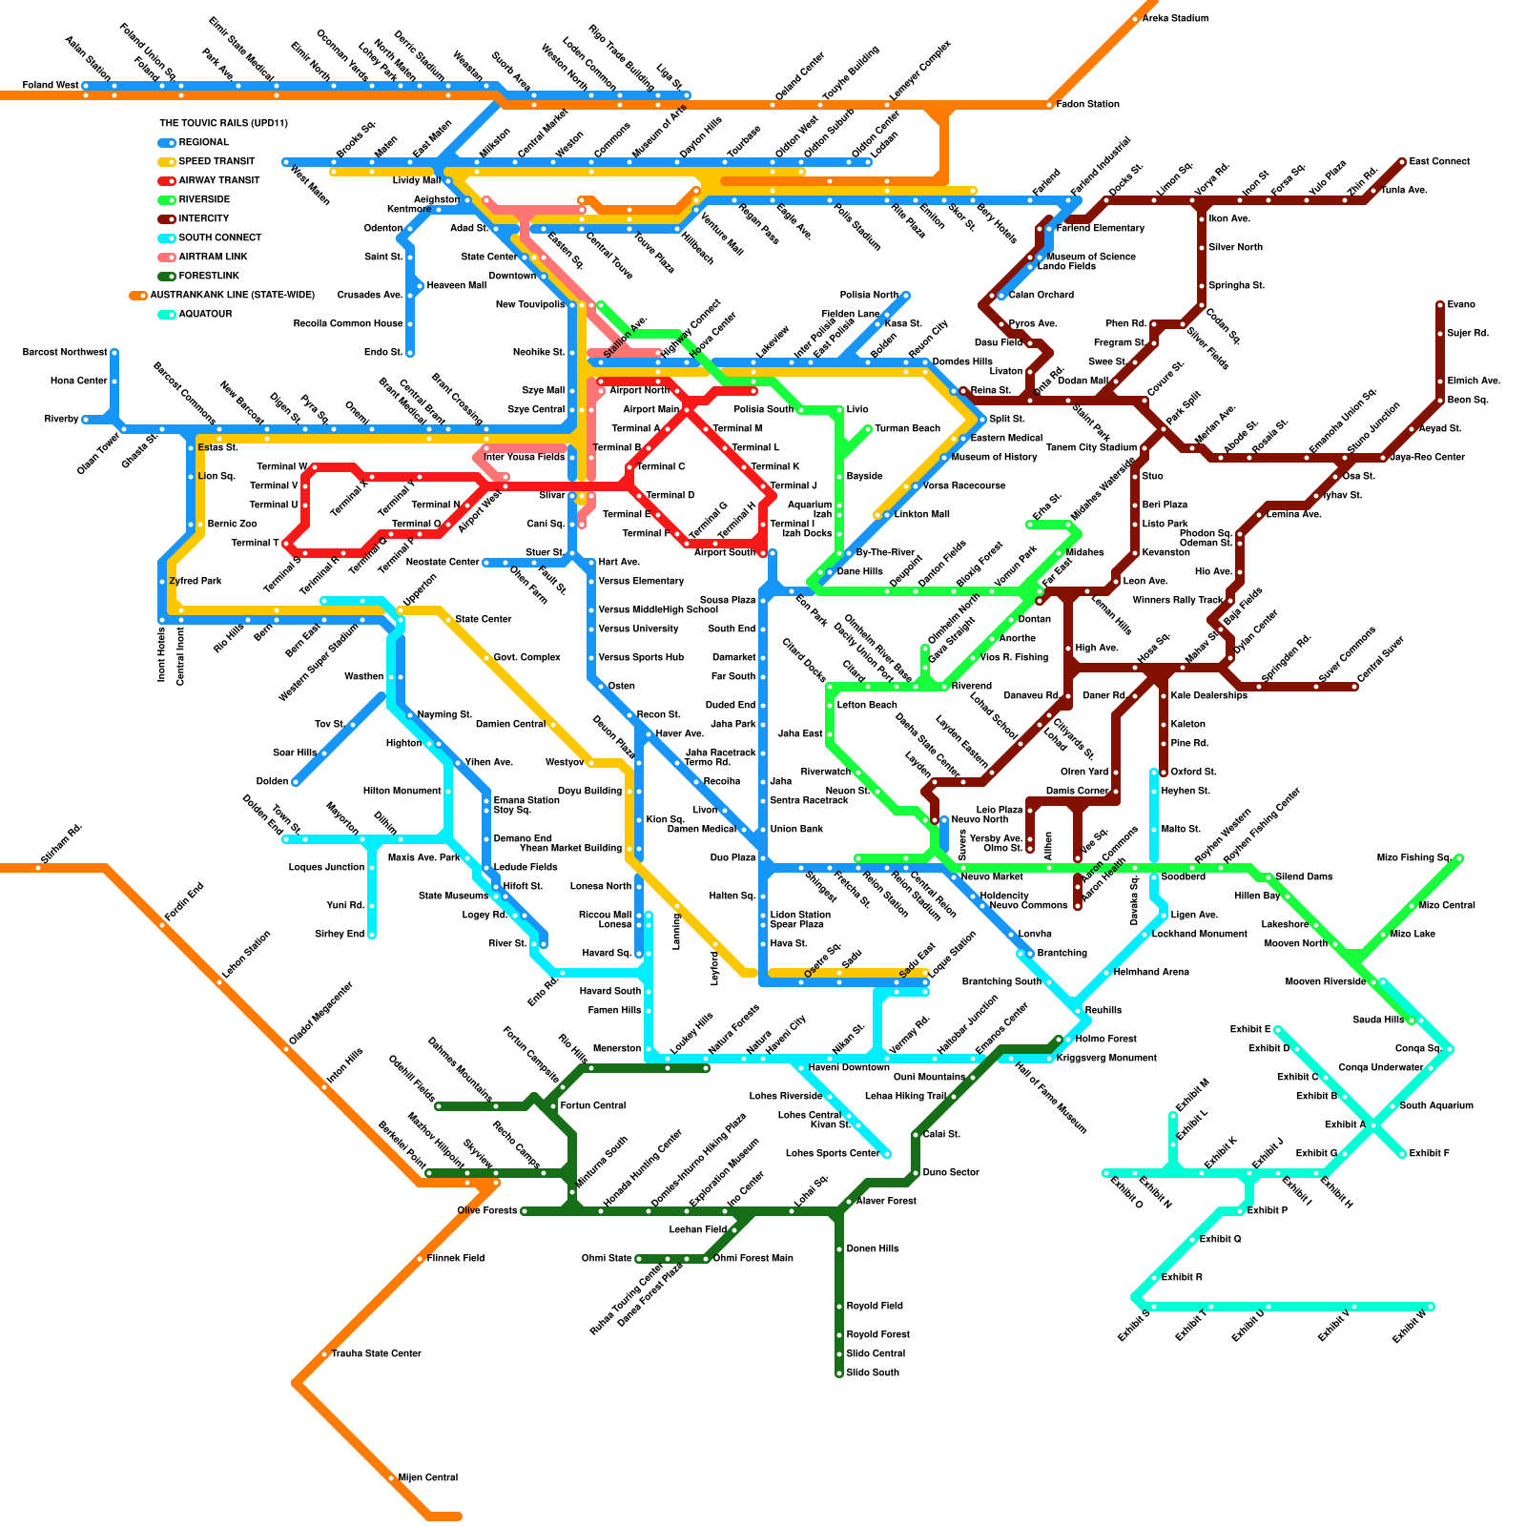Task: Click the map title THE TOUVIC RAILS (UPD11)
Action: pyautogui.click(x=223, y=123)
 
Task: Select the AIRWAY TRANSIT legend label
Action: pyautogui.click(x=218, y=180)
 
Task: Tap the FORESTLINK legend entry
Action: pyautogui.click(x=209, y=276)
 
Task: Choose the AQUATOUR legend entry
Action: pyautogui.click(x=205, y=314)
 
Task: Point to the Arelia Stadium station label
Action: pyautogui.click(x=1175, y=18)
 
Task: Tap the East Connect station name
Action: pyautogui.click(x=1439, y=161)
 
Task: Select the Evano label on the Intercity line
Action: pyautogui.click(x=1461, y=304)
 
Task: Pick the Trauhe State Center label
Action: pyautogui.click(x=376, y=1353)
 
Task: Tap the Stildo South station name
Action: pyautogui.click(x=873, y=1372)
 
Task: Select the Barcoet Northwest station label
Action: pyautogui.click(x=65, y=352)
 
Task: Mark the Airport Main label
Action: pyautogui.click(x=651, y=409)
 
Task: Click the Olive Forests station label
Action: pyautogui.click(x=486, y=1210)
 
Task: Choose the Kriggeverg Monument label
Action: pyautogui.click(x=1106, y=1058)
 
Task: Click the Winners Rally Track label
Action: pyautogui.click(x=1177, y=600)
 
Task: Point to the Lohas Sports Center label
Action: pyautogui.click(x=832, y=1153)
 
